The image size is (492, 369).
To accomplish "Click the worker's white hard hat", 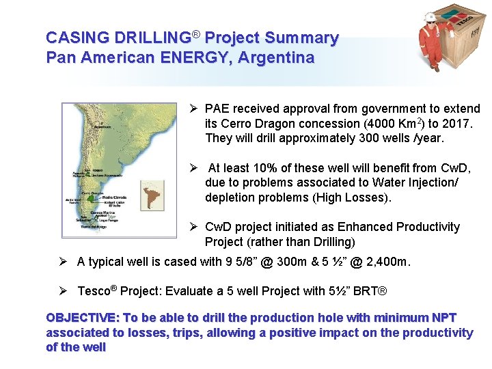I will (430, 16).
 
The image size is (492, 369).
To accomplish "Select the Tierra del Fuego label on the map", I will (87, 228).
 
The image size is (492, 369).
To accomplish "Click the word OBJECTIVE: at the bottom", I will (81, 318).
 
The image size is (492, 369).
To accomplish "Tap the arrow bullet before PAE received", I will (193, 109).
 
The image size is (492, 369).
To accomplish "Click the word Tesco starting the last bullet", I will (93, 291).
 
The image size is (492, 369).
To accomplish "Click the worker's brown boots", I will (434, 67).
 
